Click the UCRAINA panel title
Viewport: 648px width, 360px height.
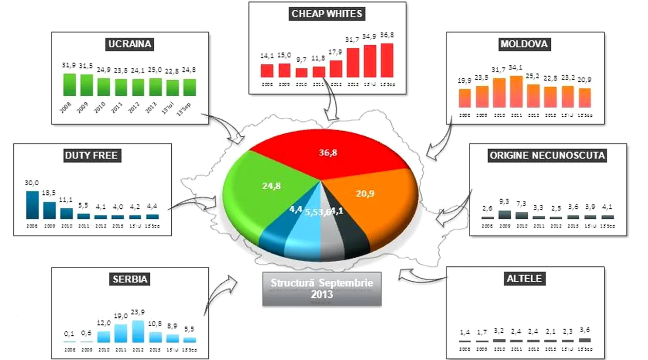point(130,44)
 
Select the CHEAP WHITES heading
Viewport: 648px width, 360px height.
point(327,14)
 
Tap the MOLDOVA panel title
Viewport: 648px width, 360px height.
point(524,44)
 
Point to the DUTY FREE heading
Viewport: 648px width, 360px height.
point(93,155)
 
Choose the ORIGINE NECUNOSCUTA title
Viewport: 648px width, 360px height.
point(547,155)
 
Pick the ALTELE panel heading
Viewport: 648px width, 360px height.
point(524,279)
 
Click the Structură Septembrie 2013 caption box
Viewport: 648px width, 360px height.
point(322,289)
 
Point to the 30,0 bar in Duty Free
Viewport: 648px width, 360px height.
point(32,205)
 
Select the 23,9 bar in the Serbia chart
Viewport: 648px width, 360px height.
point(138,331)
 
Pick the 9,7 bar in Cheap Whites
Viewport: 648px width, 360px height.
point(301,73)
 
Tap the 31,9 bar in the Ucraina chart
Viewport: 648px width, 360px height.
point(69,84)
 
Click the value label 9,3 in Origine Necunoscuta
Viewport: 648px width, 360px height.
point(505,202)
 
